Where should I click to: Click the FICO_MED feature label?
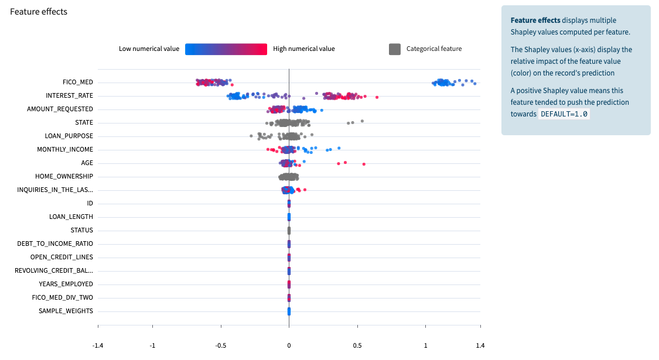[x=78, y=82]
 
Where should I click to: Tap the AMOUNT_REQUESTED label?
[x=60, y=109]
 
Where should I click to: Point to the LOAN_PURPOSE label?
[x=69, y=136]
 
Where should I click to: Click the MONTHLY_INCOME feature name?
[x=65, y=149]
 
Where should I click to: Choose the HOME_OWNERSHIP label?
[x=64, y=176]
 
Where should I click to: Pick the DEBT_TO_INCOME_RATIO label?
[x=56, y=244]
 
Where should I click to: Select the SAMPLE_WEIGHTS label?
[x=66, y=311]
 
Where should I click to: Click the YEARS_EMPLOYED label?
[x=66, y=284]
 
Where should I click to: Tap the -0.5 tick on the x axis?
[x=221, y=345]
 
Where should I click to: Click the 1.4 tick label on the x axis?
[x=480, y=345]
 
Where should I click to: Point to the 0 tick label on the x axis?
[x=289, y=345]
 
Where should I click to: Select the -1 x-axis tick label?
[x=152, y=345]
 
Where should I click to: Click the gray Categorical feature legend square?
[x=395, y=49]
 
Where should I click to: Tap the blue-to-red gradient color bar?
[x=226, y=49]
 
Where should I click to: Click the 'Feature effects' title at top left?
[x=39, y=12]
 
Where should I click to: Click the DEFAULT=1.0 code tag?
[x=564, y=114]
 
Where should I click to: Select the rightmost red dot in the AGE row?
[x=364, y=164]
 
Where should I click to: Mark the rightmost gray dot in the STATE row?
[x=362, y=121]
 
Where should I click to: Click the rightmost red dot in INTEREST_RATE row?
[x=377, y=97]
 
